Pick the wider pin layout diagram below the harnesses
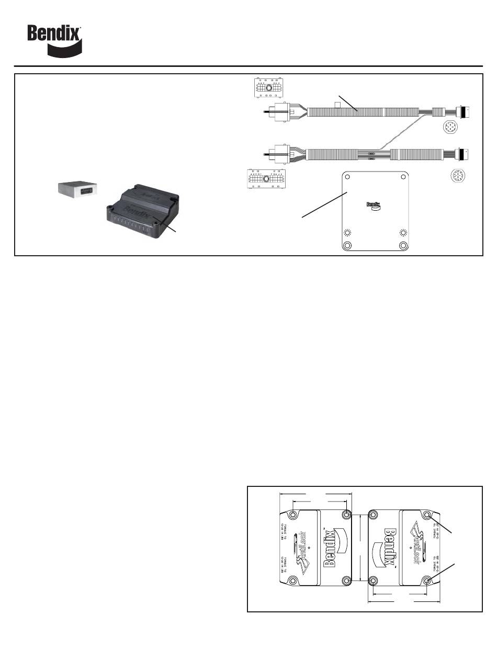(x=265, y=178)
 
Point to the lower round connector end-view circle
(x=458, y=176)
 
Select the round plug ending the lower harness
(x=463, y=153)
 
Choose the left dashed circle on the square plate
(x=346, y=233)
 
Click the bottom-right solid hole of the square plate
(x=403, y=246)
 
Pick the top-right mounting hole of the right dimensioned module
(x=428, y=515)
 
